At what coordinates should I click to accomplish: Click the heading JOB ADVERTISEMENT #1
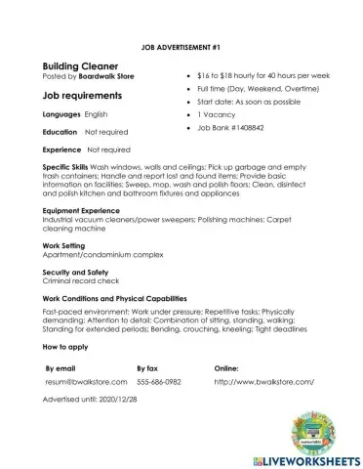[181, 46]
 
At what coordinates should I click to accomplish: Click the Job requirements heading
[82, 96]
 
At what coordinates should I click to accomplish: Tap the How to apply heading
[69, 346]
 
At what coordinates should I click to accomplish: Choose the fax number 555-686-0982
[159, 382]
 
